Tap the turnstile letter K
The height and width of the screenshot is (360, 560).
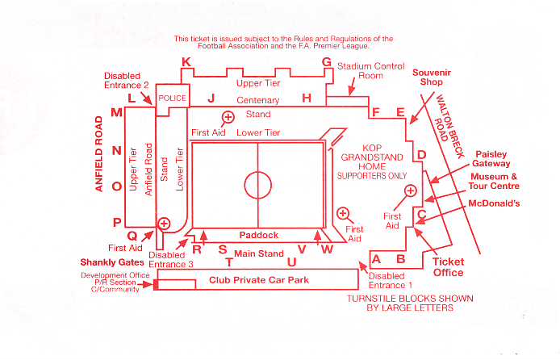point(186,62)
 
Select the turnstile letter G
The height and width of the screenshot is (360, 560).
point(327,62)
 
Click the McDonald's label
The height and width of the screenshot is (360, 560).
point(494,203)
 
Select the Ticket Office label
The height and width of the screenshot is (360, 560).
point(448,267)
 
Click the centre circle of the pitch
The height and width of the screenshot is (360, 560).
point(258,185)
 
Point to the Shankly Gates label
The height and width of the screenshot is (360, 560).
point(110,262)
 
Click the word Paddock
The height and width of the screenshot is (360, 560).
point(258,235)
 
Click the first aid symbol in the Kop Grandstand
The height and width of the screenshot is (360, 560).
point(411,190)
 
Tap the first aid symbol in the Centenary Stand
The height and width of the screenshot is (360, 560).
point(228,117)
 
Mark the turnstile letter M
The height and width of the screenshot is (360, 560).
point(116,113)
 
